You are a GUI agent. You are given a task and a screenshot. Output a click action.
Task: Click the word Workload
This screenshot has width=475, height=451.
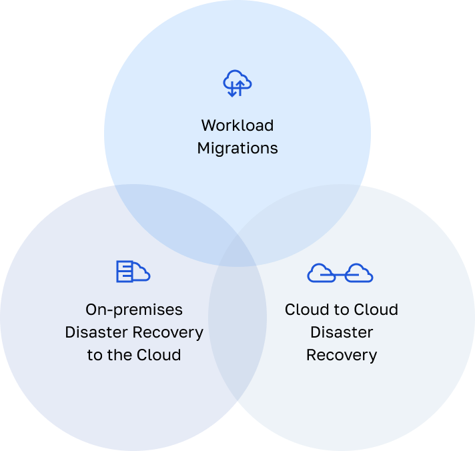pos(238,125)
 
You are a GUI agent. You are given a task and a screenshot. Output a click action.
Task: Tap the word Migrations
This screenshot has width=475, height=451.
pos(238,148)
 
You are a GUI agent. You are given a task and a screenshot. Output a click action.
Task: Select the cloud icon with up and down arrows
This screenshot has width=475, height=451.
pos(237,83)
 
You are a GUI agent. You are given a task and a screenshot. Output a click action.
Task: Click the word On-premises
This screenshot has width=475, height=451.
pos(134,310)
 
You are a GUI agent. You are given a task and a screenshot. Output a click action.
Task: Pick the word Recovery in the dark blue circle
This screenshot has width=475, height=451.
pos(167,332)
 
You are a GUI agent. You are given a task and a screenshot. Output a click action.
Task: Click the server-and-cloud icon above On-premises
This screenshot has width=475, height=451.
pos(133,271)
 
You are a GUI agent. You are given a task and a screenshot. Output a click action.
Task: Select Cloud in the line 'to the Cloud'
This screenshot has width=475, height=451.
pos(159,355)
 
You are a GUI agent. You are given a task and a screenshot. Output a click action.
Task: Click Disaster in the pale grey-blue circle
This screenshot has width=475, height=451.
pos(342,332)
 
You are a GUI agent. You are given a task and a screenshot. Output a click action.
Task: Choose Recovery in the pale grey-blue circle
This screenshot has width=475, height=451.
pos(342,355)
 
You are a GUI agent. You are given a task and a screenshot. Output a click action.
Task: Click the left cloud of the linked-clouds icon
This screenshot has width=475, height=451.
pos(321,272)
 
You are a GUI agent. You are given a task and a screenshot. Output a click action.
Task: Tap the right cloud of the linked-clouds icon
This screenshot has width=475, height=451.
pos(359,272)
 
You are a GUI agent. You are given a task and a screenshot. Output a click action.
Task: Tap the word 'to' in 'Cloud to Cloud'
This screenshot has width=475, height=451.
pos(342,310)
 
